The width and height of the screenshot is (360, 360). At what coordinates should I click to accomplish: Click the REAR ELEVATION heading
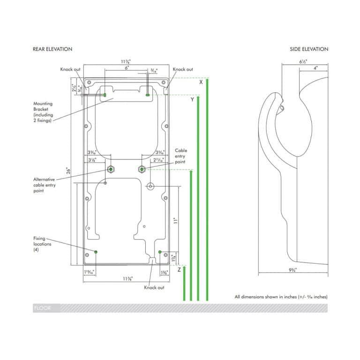point(52,49)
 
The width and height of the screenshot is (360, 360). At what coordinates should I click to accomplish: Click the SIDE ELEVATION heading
point(308,49)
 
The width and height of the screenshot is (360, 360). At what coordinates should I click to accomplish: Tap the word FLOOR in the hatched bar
point(42,308)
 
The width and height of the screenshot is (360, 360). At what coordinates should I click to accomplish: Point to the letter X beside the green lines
point(201,82)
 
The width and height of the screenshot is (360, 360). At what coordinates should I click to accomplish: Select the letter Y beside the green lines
point(192,100)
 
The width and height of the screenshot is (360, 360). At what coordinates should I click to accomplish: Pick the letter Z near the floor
point(179,270)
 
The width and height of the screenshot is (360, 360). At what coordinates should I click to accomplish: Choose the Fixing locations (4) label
point(42,244)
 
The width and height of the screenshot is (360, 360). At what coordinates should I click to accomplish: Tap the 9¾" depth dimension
point(293,270)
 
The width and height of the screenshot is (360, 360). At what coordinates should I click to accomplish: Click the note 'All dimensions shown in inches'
point(281,297)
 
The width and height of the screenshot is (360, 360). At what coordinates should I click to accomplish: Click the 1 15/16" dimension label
point(89,272)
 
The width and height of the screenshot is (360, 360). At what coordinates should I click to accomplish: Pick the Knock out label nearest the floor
point(154,287)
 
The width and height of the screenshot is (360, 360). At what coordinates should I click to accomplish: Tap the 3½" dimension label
point(92,160)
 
